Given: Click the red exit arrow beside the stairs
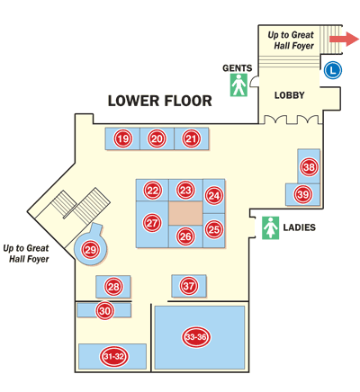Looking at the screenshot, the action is point(345,39).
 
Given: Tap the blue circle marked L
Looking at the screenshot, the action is point(333,70).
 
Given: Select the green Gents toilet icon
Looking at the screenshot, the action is point(238,85).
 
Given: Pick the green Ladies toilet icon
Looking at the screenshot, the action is point(270,227).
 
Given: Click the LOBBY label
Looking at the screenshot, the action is point(290,95).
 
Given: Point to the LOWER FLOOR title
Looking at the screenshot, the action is point(159,101).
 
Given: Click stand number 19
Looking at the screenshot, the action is point(123,138).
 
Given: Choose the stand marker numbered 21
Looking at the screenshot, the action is point(191,138).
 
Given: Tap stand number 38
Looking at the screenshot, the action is point(309,166).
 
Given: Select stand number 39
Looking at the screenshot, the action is point(303,194).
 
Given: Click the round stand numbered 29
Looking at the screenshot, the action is point(91,249).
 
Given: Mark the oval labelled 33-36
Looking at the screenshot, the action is point(196,337).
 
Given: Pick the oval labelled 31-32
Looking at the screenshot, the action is point(113,356).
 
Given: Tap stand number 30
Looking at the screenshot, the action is point(105,310).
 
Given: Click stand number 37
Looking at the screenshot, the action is point(189,286).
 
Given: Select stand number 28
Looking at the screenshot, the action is point(113,287).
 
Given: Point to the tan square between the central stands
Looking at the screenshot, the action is point(186,213).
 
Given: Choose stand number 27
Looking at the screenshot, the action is point(152,223).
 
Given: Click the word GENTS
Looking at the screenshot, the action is point(238,68).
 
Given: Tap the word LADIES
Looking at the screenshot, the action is point(300,227).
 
